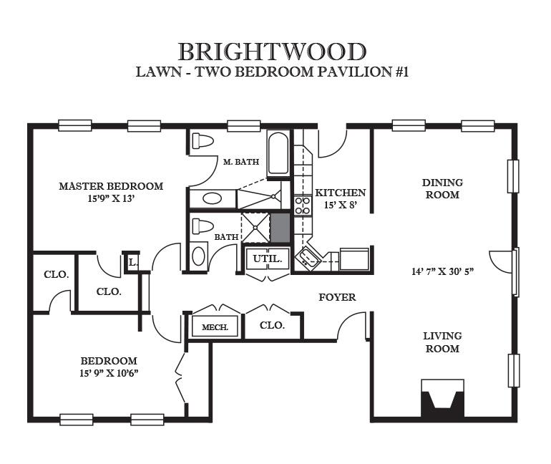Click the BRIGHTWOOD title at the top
(x=273, y=52)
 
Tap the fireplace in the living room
(x=442, y=399)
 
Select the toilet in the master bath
(x=203, y=141)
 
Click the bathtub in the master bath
(x=278, y=153)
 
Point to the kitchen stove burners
(x=303, y=206)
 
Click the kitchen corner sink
(x=308, y=258)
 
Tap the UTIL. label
(x=268, y=259)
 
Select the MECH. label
(x=215, y=327)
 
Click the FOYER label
(x=337, y=297)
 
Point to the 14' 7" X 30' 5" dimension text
(x=443, y=271)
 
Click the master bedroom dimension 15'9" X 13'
(x=112, y=198)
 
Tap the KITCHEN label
(x=341, y=193)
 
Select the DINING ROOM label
(x=442, y=189)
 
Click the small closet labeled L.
(x=132, y=262)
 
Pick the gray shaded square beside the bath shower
(x=280, y=228)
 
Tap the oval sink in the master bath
(x=213, y=198)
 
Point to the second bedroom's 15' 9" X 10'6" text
(x=109, y=373)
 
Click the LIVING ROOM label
(x=442, y=342)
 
